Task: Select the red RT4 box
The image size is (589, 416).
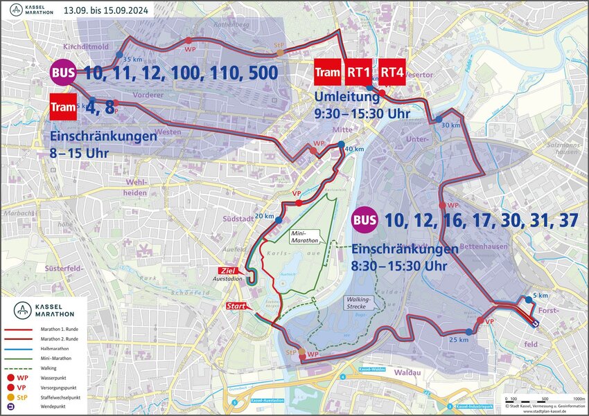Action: [392, 72]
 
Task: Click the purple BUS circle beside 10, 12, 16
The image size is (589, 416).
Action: [365, 221]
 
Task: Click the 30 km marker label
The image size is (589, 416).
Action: [451, 125]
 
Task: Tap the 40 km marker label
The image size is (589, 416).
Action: [354, 150]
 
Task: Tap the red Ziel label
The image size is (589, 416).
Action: [228, 270]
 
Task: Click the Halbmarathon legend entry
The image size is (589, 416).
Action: [42, 350]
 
